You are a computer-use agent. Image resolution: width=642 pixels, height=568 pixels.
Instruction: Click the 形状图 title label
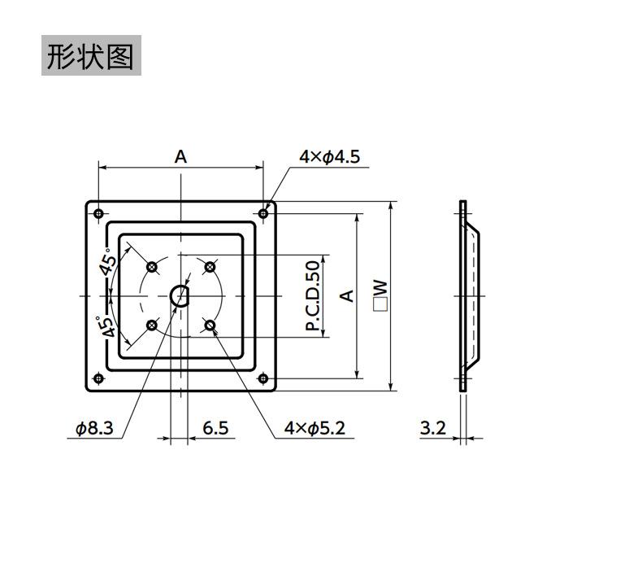click(x=90, y=56)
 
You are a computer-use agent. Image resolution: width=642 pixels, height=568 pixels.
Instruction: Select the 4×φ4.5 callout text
click(x=328, y=157)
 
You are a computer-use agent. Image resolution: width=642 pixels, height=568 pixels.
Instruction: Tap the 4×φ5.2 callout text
click(x=314, y=427)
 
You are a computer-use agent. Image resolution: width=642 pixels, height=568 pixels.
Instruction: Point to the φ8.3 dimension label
click(x=95, y=427)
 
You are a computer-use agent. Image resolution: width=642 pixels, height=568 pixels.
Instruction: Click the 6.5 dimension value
click(x=215, y=427)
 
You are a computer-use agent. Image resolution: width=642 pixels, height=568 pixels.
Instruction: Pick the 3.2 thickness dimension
click(x=433, y=427)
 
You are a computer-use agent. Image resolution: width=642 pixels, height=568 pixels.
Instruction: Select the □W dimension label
click(x=380, y=295)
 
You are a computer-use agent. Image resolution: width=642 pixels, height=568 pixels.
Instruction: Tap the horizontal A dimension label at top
click(x=180, y=155)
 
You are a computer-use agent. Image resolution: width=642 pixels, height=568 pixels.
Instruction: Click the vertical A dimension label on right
click(x=348, y=295)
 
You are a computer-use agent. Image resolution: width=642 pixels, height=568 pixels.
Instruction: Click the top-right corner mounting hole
click(x=263, y=213)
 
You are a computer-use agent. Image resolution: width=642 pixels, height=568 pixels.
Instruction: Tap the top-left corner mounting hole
click(x=98, y=213)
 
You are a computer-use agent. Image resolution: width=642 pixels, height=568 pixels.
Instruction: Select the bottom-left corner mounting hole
click(x=98, y=378)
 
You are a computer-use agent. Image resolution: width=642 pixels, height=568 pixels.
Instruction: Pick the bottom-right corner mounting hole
click(x=263, y=378)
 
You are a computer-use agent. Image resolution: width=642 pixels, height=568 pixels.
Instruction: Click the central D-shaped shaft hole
click(x=180, y=296)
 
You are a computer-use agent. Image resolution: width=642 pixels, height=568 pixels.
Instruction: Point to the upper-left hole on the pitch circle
click(x=151, y=267)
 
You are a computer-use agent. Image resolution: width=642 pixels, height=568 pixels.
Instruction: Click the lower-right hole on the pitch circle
click(x=210, y=326)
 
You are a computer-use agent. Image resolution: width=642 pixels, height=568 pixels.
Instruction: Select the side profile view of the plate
click(x=466, y=296)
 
